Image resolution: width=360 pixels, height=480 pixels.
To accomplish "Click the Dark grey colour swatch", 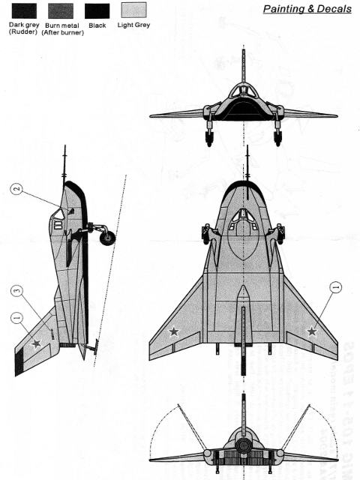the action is pyautogui.click(x=24, y=11).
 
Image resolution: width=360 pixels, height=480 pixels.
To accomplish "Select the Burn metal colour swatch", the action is pyautogui.click(x=61, y=11).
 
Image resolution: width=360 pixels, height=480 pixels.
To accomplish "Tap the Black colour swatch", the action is pyautogui.click(x=97, y=11).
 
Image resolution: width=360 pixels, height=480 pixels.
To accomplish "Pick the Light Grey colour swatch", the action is pyautogui.click(x=133, y=10).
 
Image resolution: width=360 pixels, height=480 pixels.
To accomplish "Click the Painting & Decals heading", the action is pyautogui.click(x=307, y=8).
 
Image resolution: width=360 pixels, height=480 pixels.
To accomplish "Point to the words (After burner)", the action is pyautogui.click(x=62, y=32).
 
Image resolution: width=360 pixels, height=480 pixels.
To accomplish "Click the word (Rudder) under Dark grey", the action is pyautogui.click(x=23, y=31).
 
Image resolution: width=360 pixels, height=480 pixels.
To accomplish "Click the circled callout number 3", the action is pyautogui.click(x=16, y=290).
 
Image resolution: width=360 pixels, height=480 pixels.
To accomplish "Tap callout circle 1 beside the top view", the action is pyautogui.click(x=335, y=287).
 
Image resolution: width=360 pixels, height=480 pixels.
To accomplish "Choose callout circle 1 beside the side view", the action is pyautogui.click(x=16, y=318).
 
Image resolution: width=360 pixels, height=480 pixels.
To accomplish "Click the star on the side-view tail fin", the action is pyautogui.click(x=37, y=343).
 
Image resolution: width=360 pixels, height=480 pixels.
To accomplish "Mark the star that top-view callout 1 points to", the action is pyautogui.click(x=312, y=331).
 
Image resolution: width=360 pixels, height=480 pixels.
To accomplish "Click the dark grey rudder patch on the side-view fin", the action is pyautogui.click(x=19, y=361).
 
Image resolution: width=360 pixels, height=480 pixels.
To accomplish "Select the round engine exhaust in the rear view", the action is pyautogui.click(x=244, y=445).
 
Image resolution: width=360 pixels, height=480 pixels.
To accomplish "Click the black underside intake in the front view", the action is pyautogui.click(x=244, y=111).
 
